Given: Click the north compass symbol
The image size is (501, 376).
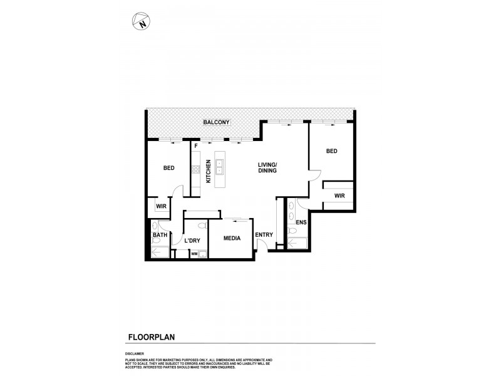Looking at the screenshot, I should (142, 22).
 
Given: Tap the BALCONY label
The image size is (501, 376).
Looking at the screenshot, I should (217, 122).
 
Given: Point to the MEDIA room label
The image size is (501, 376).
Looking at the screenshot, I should (233, 239).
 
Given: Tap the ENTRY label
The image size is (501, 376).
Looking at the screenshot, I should (264, 235).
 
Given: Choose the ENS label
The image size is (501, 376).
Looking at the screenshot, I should (301, 222).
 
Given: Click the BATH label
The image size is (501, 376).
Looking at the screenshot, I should (160, 236).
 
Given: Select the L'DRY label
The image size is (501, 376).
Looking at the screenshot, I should (192, 241).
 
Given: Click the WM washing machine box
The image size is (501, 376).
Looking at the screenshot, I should (194, 254).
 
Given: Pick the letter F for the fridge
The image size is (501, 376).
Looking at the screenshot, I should (196, 146).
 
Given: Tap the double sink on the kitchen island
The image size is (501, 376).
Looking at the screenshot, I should (220, 167).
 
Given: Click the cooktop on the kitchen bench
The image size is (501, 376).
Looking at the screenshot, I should (195, 169).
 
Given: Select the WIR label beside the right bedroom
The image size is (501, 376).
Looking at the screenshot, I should (339, 196).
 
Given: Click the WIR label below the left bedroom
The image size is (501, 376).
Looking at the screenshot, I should (160, 206).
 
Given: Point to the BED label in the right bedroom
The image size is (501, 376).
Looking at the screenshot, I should (332, 152).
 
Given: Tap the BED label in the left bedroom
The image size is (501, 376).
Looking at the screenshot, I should (169, 168).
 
